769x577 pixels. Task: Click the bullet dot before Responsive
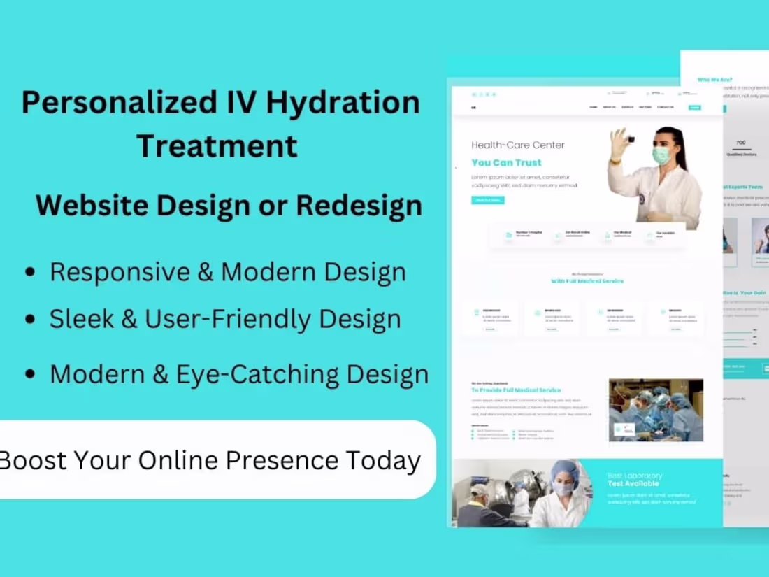click(x=29, y=273)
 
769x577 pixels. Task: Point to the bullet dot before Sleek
click(x=29, y=320)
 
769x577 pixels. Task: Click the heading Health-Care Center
click(x=518, y=145)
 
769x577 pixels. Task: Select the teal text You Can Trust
click(x=506, y=163)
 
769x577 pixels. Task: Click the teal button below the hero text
click(x=488, y=200)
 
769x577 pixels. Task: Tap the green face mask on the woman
click(x=661, y=155)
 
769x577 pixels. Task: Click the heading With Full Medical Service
click(x=587, y=281)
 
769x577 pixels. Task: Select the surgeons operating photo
click(x=656, y=411)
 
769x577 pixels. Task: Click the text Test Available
click(x=633, y=483)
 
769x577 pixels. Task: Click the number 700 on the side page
click(x=741, y=143)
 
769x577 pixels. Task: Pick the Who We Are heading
click(x=714, y=80)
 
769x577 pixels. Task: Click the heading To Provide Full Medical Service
click(x=516, y=390)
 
